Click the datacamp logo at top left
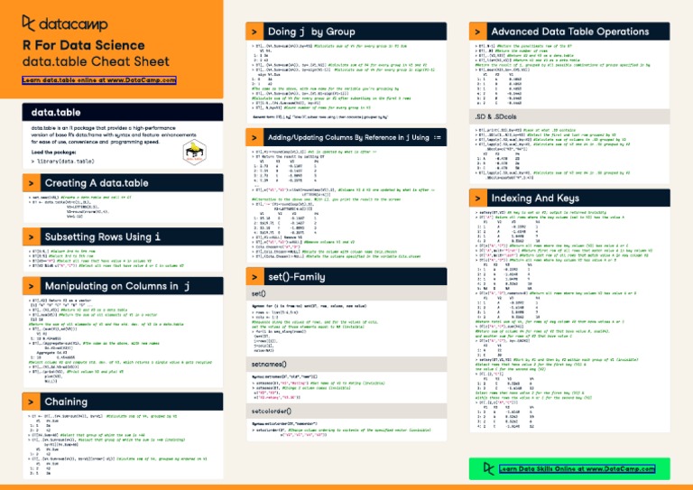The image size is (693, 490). click(62, 22)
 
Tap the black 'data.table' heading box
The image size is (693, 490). click(56, 113)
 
